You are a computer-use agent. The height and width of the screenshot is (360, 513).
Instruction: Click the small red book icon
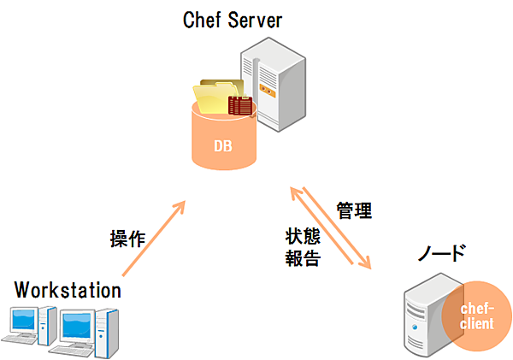tap(240, 106)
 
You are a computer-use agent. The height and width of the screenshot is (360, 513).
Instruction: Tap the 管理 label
tap(353, 210)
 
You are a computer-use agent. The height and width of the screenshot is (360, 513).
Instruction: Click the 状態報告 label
tap(303, 247)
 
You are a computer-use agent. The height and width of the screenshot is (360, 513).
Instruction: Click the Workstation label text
tap(68, 290)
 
